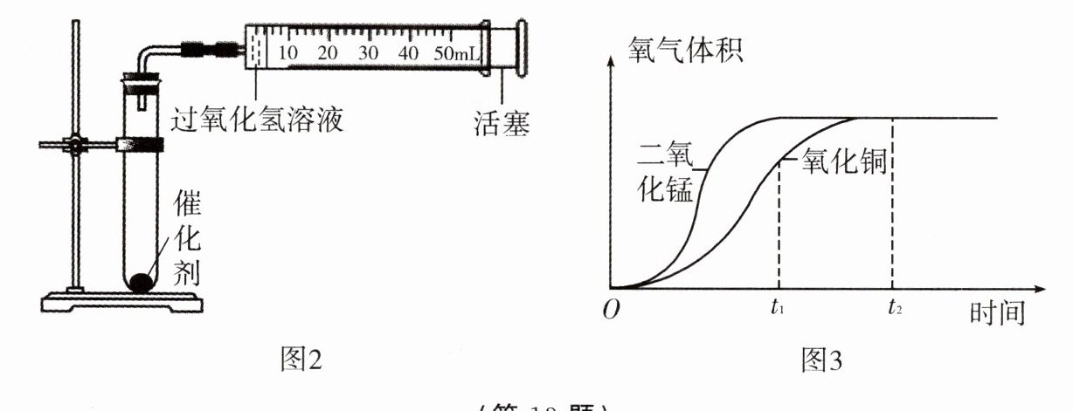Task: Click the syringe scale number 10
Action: point(288,53)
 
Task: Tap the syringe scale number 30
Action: point(368,53)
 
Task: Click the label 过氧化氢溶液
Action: point(254,118)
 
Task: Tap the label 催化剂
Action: point(187,241)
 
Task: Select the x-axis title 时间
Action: point(996,312)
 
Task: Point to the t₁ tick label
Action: point(777,306)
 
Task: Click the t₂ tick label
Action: point(892,306)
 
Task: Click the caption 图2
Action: point(299,358)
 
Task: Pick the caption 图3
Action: point(820,359)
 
